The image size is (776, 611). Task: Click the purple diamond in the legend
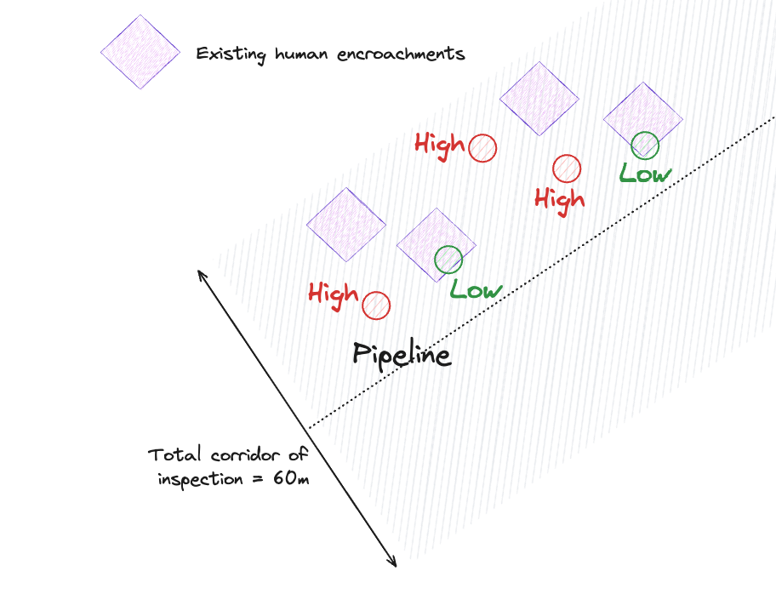[140, 51]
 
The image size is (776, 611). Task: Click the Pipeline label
[402, 354]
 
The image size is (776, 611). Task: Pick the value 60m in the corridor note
[291, 478]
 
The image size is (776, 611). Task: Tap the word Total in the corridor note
[174, 454]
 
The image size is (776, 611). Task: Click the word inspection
[200, 479]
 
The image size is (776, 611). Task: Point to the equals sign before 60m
[258, 479]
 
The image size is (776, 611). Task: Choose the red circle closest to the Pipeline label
[376, 305]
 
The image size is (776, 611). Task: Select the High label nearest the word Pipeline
[333, 294]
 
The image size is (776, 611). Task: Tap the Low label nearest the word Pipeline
[476, 289]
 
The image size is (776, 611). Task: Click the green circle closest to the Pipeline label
[448, 259]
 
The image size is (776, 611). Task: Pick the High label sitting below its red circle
[559, 200]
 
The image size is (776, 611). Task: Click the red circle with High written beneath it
[567, 168]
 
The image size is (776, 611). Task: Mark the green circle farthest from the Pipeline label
[645, 145]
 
